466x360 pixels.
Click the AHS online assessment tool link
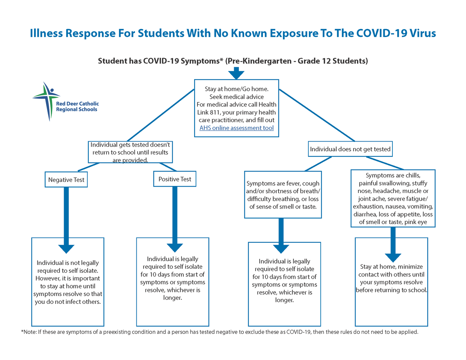click(x=236, y=128)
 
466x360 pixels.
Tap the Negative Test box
click(x=66, y=180)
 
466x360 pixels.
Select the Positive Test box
click(x=175, y=179)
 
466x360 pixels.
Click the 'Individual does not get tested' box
click(x=350, y=149)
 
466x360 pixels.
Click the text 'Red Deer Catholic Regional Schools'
click(x=77, y=106)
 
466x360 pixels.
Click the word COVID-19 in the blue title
click(x=382, y=33)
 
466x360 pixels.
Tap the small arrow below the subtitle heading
click(x=236, y=73)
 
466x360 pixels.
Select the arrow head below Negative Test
click(x=66, y=249)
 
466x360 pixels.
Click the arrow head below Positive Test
click(x=175, y=248)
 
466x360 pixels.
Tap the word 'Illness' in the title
click(x=46, y=33)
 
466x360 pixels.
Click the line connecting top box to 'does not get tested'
click(x=317, y=115)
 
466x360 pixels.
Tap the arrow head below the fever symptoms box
click(x=281, y=249)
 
